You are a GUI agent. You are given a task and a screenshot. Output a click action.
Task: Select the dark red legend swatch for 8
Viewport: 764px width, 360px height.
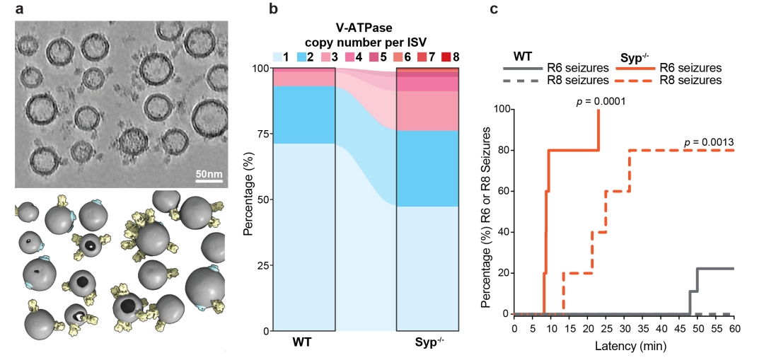tap(446, 55)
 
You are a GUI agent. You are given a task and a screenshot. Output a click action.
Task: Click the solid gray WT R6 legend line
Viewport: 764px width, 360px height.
tap(521, 69)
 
